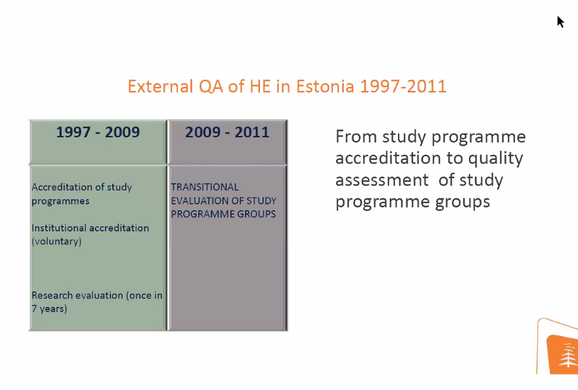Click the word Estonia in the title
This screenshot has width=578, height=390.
325,86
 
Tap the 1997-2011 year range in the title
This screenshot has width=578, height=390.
403,86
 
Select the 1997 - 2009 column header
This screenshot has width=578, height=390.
98,132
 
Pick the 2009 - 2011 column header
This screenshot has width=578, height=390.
228,132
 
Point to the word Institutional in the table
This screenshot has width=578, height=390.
59,228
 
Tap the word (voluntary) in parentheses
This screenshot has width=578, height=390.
57,242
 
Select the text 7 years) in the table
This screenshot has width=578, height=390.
50,309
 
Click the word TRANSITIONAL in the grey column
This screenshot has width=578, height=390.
204,187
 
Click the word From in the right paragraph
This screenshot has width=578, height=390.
356,137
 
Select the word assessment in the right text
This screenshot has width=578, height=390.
382,180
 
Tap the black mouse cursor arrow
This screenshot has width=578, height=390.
561,22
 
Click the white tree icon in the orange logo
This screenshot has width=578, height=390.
568,355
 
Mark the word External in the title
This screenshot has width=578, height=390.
161,86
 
